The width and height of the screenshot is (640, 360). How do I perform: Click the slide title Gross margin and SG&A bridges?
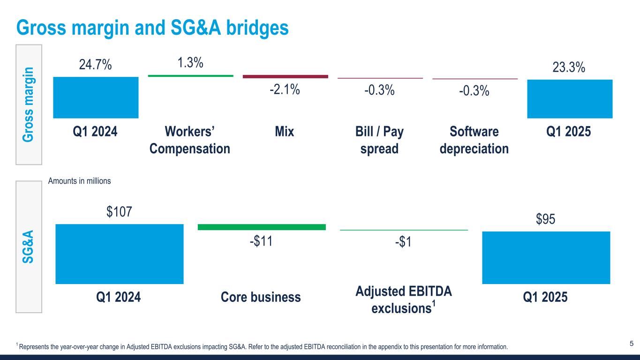(x=152, y=28)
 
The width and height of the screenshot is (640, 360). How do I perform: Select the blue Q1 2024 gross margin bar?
(x=96, y=97)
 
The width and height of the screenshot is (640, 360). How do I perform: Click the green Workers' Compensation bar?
(x=190, y=75)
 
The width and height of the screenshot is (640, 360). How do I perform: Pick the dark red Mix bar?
(x=285, y=76)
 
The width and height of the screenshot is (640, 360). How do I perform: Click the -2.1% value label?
(x=285, y=89)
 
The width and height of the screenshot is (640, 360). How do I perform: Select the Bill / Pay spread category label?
(x=379, y=140)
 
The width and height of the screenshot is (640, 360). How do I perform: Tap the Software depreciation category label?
(x=474, y=140)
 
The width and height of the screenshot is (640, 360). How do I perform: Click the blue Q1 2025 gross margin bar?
(x=570, y=98)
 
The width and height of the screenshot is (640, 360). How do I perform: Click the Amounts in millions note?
(x=80, y=181)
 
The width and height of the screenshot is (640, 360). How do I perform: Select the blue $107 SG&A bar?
(x=119, y=254)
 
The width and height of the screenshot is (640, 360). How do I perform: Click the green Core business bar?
(x=262, y=227)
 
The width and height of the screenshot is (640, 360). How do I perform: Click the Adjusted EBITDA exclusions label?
(x=404, y=300)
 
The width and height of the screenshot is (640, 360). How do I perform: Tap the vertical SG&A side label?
(x=29, y=246)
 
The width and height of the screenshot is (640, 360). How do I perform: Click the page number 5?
(x=631, y=344)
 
